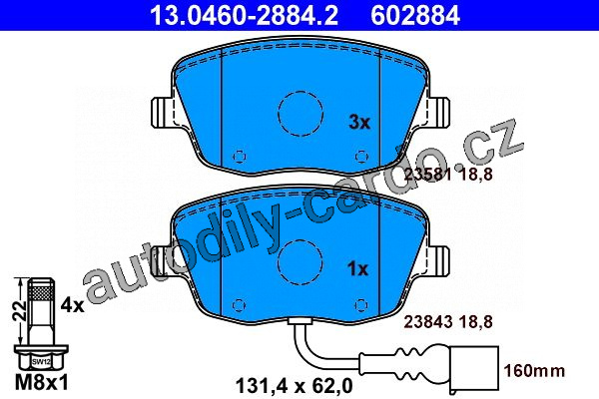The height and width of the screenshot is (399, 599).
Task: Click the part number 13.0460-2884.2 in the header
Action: (244, 15)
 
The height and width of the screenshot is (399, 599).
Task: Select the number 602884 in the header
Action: (415, 15)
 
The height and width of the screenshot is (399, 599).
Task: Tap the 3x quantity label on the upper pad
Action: (359, 123)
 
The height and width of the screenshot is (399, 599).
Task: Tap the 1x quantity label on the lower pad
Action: (357, 269)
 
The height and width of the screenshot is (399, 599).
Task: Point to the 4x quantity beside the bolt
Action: (72, 305)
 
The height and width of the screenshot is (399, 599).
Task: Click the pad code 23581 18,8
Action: (448, 175)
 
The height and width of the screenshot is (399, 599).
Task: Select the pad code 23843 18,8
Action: (448, 322)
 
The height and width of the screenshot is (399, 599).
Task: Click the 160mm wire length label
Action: (534, 371)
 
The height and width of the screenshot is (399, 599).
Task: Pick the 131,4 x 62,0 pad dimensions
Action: (295, 386)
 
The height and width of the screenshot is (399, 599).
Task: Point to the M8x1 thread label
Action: (42, 382)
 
